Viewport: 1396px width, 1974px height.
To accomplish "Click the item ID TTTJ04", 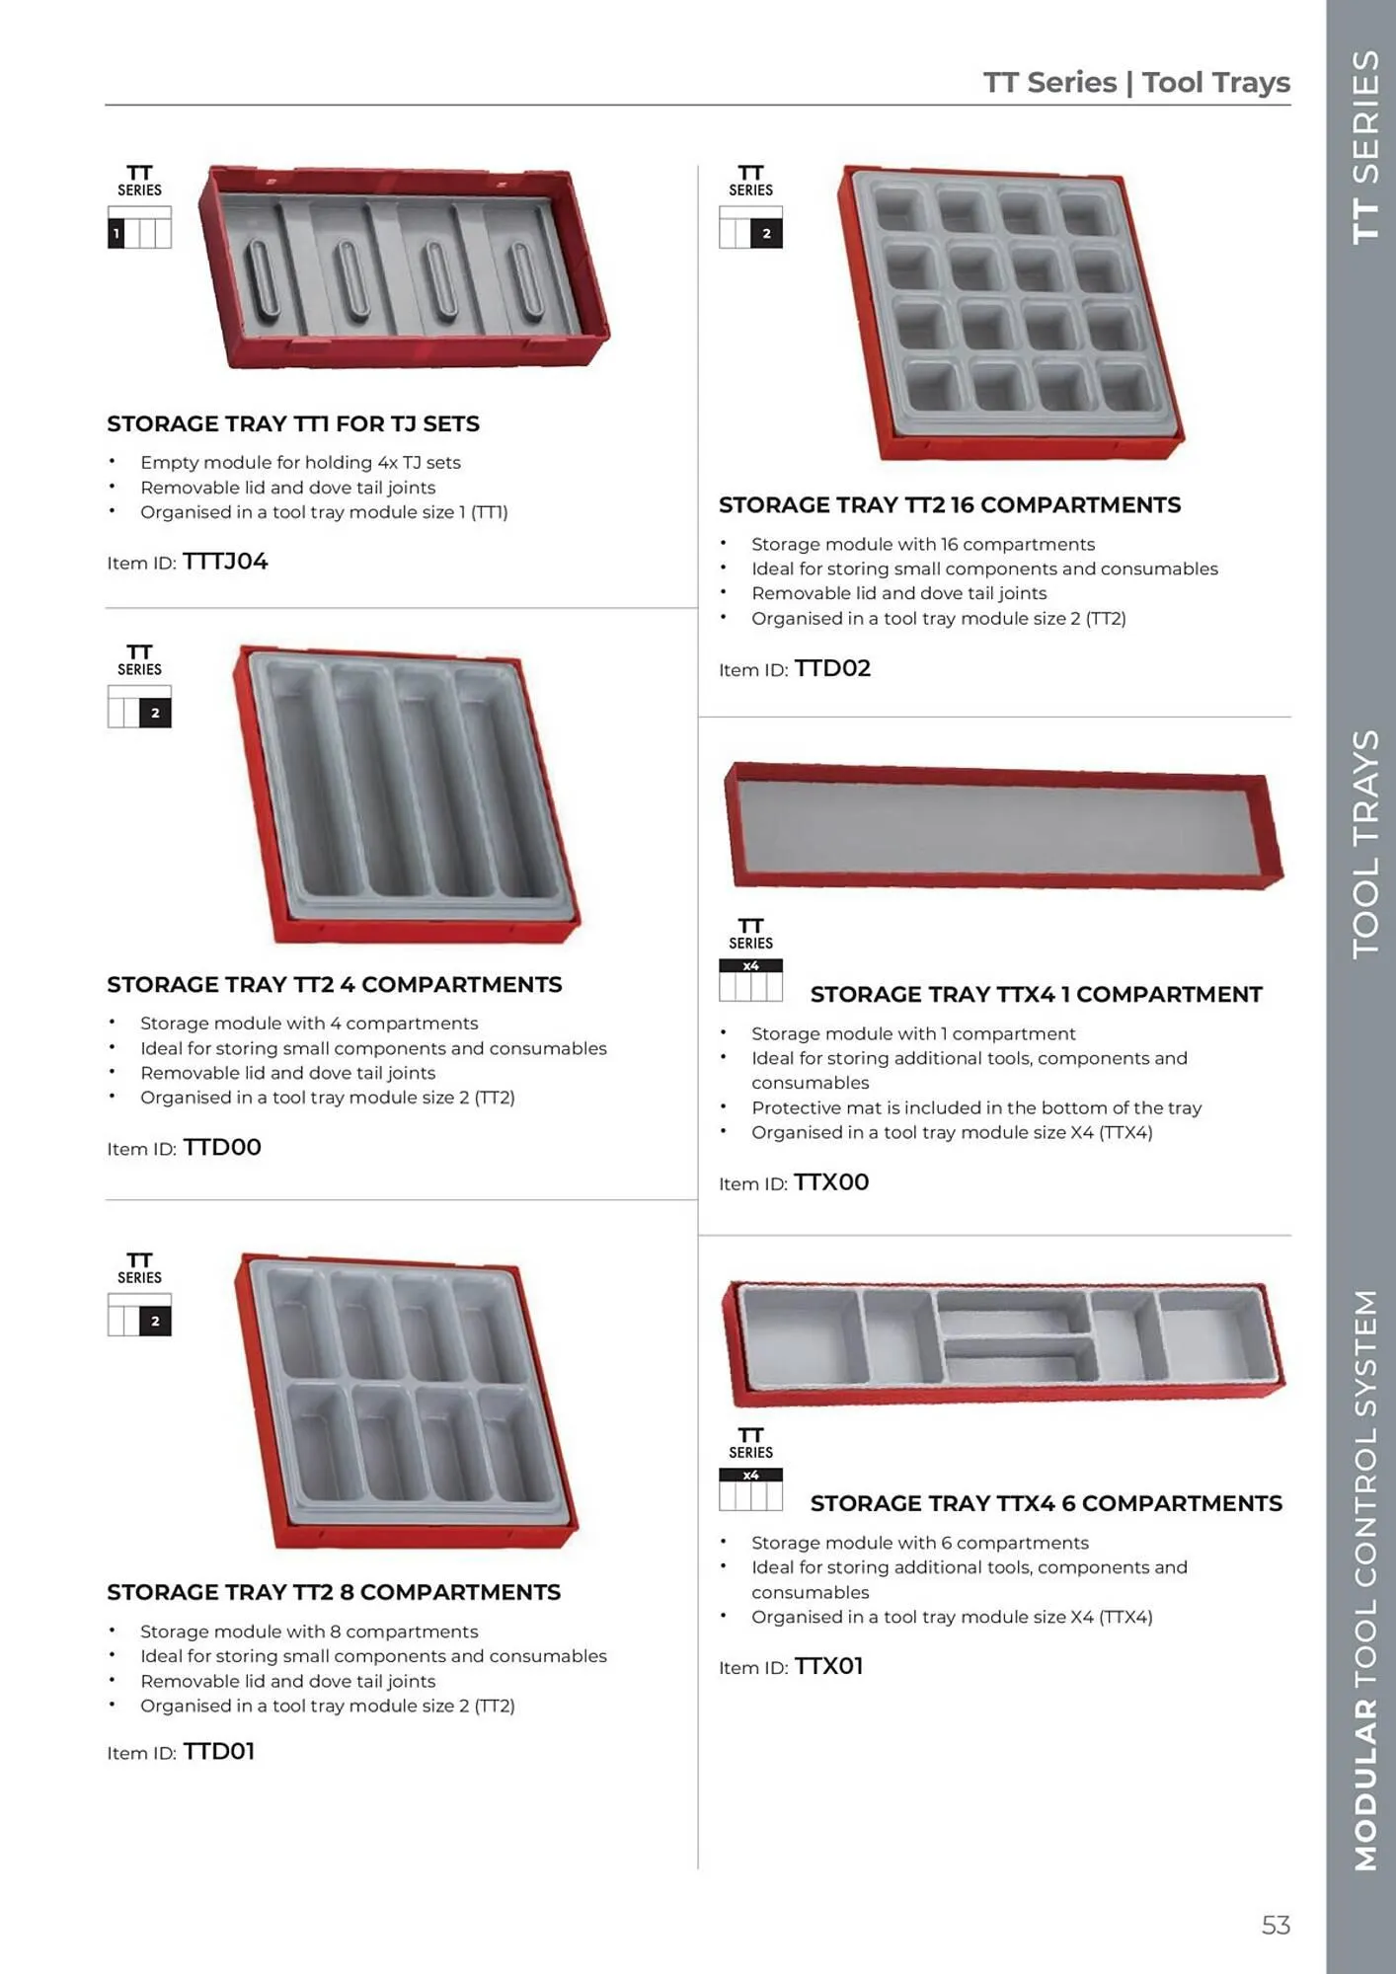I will tap(225, 562).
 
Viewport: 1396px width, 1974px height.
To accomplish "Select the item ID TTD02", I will tap(832, 668).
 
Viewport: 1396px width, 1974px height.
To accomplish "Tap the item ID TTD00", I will tap(222, 1147).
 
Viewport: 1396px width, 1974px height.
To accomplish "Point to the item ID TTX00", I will tap(831, 1182).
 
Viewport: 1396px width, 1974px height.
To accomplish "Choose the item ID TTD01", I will tap(219, 1751).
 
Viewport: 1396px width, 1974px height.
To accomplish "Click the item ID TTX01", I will tap(828, 1666).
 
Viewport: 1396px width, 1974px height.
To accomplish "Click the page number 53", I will tap(1276, 1925).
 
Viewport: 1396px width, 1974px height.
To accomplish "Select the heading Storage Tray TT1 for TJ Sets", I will tap(293, 423).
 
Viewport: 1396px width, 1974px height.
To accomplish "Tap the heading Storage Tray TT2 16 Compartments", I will tap(949, 505).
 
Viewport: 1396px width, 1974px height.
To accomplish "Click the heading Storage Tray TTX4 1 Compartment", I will tap(1036, 994).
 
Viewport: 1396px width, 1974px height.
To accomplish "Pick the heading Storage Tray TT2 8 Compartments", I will tap(334, 1592).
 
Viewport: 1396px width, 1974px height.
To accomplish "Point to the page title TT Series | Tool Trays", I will tap(1136, 82).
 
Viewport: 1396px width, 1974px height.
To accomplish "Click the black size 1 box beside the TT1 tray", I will tap(116, 234).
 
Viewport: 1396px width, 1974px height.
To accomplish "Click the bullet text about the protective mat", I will tap(975, 1107).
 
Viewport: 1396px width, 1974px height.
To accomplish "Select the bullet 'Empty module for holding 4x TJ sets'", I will tap(300, 462).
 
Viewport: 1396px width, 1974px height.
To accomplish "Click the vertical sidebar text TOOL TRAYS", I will tap(1365, 844).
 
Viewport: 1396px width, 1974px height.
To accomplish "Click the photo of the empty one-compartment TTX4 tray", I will tap(1002, 826).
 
